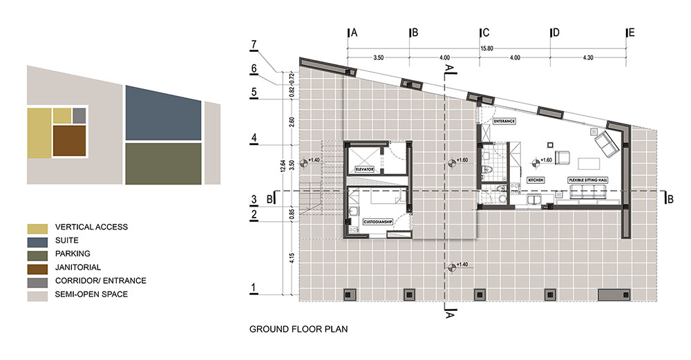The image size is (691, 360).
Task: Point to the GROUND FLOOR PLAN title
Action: click(298, 330)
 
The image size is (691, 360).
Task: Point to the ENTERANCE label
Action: click(505, 121)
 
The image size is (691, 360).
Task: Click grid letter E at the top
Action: click(632, 32)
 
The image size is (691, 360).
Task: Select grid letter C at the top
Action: click(486, 32)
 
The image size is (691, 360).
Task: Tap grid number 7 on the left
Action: click(254, 46)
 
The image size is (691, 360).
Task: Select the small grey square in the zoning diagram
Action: click(79, 115)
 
